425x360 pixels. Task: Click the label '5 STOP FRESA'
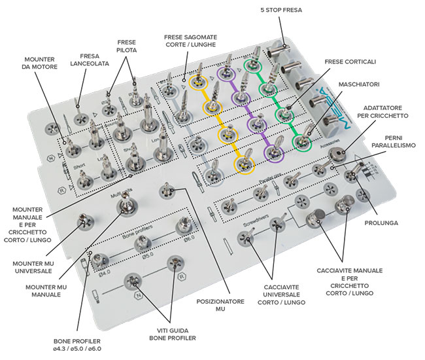[282, 11]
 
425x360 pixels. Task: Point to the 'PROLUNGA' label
[386, 223]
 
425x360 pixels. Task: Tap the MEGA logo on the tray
[339, 98]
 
